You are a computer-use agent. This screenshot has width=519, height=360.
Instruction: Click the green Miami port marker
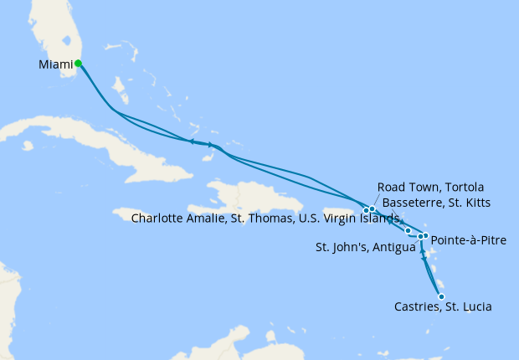click(x=78, y=63)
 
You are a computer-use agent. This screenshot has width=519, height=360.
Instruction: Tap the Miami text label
click(x=55, y=64)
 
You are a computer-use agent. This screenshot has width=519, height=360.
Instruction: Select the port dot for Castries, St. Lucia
click(x=441, y=296)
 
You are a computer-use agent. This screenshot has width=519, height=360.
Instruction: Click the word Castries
click(x=417, y=307)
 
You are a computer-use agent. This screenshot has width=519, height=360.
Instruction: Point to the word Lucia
click(x=475, y=307)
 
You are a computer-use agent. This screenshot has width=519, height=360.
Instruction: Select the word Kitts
click(x=475, y=203)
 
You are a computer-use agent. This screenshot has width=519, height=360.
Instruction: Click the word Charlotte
click(x=159, y=219)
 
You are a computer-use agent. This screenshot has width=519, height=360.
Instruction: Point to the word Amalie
click(x=210, y=219)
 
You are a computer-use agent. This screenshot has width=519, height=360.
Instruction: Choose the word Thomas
click(x=278, y=219)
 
